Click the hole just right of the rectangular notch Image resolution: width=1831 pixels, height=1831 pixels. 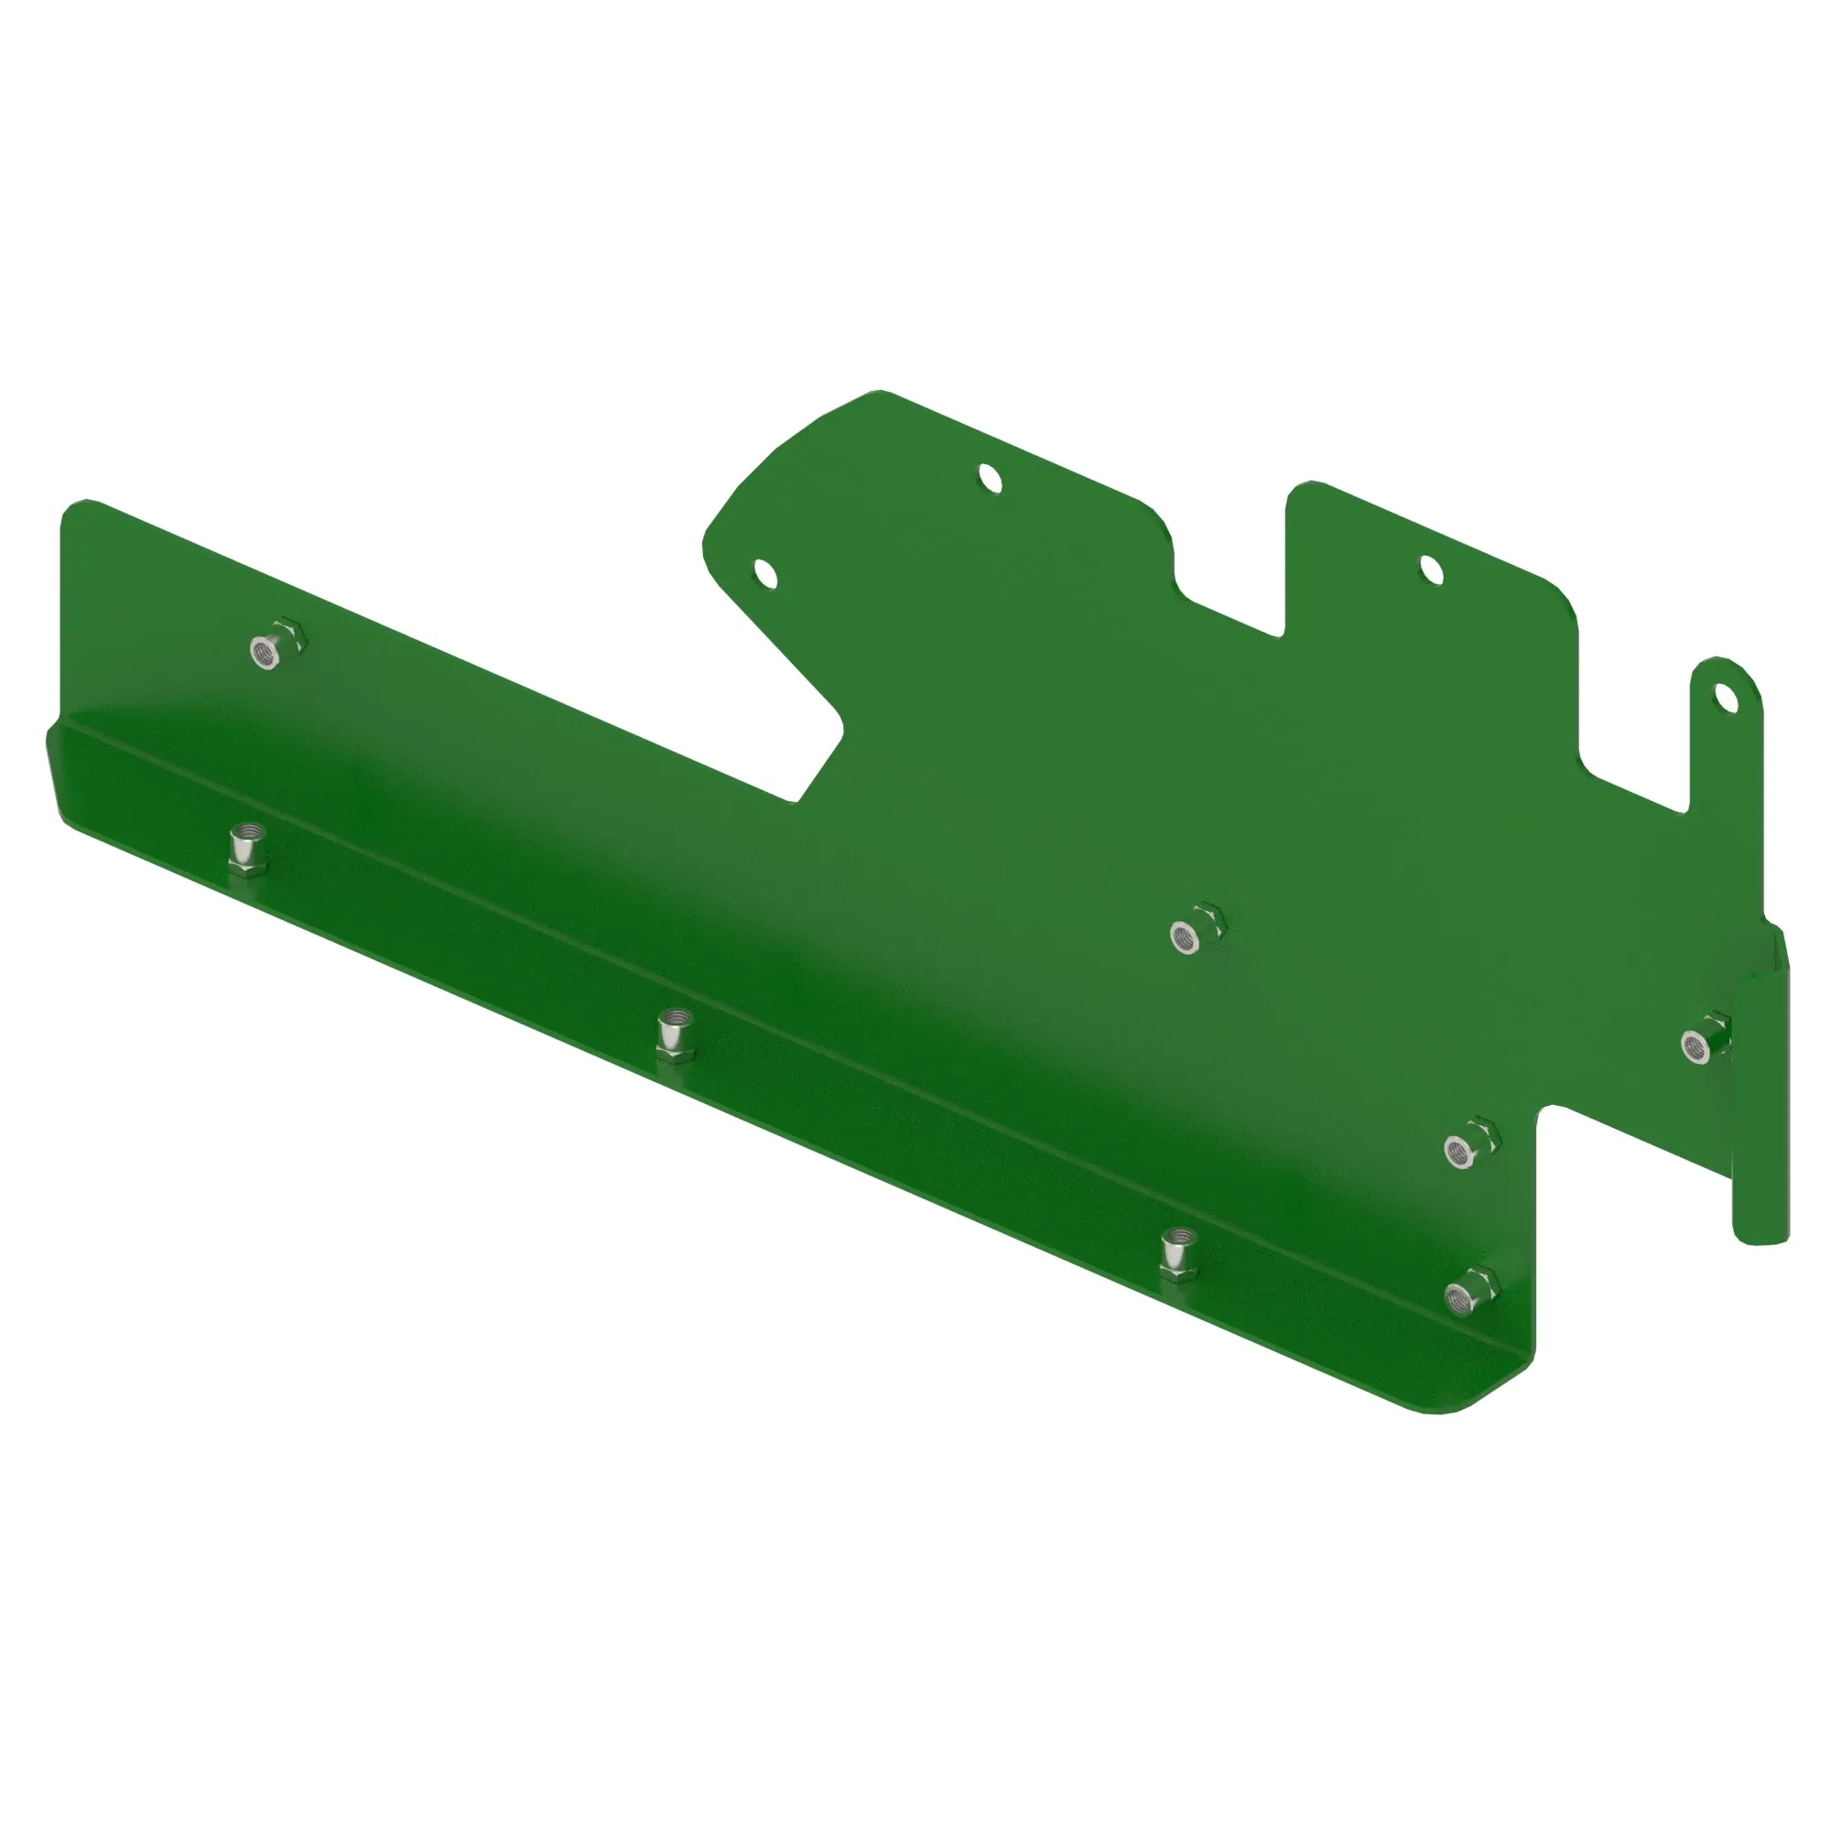(x=1431, y=569)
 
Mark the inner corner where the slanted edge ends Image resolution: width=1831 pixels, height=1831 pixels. (x=798, y=801)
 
